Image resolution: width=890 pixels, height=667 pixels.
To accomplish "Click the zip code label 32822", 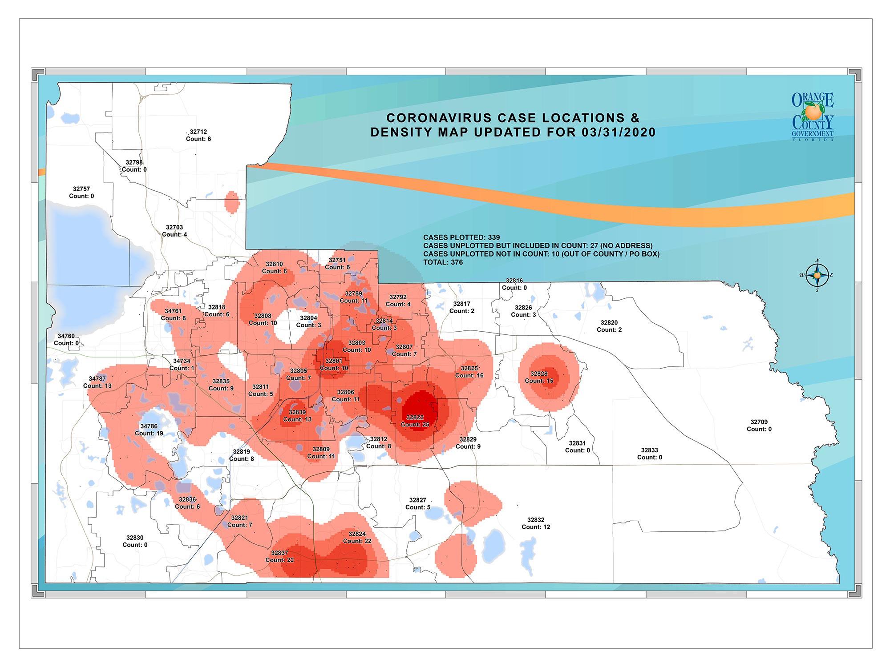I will [x=415, y=421].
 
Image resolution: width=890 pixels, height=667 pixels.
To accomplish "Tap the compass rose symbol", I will [x=817, y=275].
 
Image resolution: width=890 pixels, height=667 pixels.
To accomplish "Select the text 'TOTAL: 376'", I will [x=443, y=262].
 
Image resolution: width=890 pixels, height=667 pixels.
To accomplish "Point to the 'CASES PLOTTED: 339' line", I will [x=461, y=237].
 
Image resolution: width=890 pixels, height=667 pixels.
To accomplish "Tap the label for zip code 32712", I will [x=198, y=135].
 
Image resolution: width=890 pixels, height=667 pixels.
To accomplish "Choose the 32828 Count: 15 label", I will [x=539, y=377].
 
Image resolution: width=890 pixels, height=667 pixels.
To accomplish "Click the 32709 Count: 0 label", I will [x=759, y=426].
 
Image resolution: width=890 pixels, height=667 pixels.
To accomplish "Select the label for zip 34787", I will [x=97, y=382].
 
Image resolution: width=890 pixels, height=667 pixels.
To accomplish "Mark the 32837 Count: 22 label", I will [x=279, y=556].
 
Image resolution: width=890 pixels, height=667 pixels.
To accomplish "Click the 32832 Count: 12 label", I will [x=536, y=523].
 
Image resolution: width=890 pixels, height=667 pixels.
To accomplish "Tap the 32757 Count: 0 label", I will [x=81, y=193].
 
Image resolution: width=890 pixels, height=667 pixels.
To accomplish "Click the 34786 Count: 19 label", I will [x=149, y=430].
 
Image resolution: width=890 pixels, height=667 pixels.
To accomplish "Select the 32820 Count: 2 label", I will [x=609, y=326].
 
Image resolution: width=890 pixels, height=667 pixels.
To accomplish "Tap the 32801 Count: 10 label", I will [x=334, y=365].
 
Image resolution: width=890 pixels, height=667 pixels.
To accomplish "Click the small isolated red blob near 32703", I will [x=232, y=201].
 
